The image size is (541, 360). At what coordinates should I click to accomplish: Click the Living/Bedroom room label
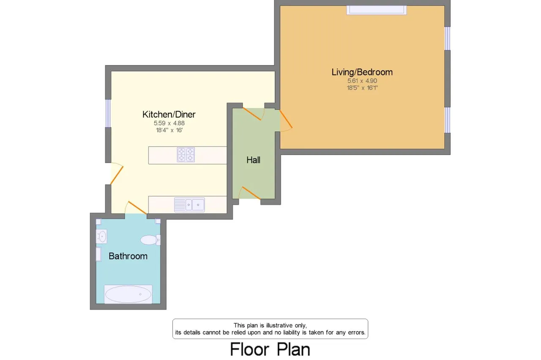point(362,72)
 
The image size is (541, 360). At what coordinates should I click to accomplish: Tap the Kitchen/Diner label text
point(169,115)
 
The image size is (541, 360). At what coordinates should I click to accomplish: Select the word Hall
point(253,160)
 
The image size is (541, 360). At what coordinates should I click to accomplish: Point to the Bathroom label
point(128,256)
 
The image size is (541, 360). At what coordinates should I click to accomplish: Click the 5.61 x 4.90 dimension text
point(362,81)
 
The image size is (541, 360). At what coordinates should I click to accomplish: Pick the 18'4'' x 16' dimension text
point(169,130)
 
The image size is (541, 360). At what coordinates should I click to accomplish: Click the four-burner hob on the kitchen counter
point(186,155)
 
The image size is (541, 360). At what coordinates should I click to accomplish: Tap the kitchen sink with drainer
point(189,205)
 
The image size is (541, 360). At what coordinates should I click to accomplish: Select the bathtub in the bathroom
point(128,294)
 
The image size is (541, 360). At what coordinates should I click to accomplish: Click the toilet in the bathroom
point(150,240)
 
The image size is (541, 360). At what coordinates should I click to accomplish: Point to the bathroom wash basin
point(101,236)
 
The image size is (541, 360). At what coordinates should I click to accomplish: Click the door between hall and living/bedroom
point(286,119)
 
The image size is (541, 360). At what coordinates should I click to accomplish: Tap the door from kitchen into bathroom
point(137,207)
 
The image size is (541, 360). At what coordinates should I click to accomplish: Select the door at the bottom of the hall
point(251,193)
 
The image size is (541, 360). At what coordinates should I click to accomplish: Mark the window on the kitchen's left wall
point(108,114)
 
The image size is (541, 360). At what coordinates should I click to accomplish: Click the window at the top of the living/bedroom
point(377,10)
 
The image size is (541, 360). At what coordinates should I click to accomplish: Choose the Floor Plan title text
point(270,349)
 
